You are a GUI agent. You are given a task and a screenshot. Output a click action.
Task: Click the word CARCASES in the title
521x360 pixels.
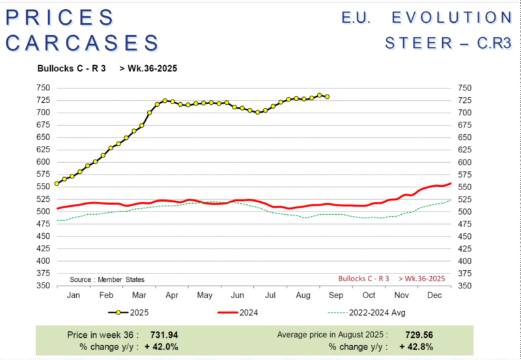[x=82, y=42]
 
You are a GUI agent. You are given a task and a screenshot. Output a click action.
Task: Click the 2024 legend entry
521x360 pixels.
[x=248, y=313]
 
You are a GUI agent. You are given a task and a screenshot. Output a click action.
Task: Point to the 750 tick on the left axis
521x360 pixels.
[x=43, y=88]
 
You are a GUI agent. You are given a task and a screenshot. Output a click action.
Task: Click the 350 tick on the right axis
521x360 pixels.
[x=464, y=286]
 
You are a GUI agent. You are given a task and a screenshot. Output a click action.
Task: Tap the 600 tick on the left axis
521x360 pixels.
[x=43, y=162]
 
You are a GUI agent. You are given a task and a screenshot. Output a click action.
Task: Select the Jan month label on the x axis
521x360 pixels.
[x=73, y=296]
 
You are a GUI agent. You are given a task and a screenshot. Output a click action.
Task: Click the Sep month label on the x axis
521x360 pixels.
[x=336, y=296]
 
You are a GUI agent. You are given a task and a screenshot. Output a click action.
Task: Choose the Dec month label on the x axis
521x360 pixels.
[x=434, y=296]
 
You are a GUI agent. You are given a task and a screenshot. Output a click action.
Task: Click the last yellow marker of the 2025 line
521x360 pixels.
[x=327, y=97]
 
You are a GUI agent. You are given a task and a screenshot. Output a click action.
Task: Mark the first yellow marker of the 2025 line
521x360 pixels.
[x=57, y=184]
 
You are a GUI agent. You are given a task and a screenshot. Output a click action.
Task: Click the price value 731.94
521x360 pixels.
[x=164, y=335]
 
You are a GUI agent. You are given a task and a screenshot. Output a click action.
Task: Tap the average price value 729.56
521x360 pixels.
[x=419, y=335]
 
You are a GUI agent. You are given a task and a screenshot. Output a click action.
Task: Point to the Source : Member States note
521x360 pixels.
[x=107, y=279]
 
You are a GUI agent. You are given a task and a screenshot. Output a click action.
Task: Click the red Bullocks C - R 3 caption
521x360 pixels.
[x=363, y=279]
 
